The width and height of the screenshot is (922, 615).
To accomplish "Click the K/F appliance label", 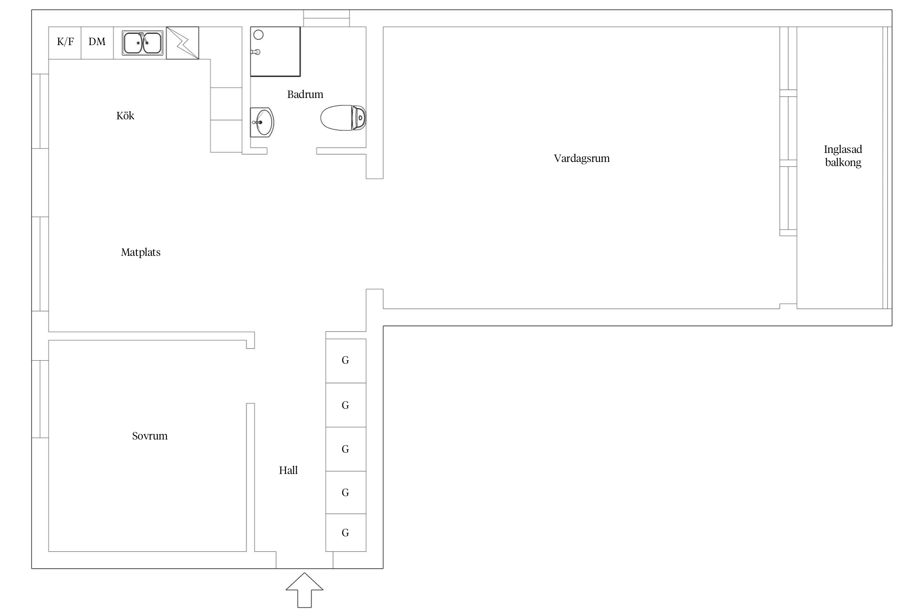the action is click(66, 41).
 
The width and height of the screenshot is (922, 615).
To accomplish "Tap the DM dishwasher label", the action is click(97, 41).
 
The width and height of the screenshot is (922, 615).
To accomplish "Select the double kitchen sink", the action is click(143, 43).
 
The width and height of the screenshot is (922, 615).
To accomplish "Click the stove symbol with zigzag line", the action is click(183, 43).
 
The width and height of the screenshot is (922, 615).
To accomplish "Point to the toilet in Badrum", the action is click(343, 118).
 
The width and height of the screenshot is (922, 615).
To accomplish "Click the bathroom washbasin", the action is click(262, 122).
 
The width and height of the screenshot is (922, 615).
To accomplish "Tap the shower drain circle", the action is click(259, 35).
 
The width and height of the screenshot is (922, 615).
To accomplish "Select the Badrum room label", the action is click(305, 94).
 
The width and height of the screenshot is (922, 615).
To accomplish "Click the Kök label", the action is click(125, 116).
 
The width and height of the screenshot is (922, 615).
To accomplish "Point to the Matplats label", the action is click(141, 252).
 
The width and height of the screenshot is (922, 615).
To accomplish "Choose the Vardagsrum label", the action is click(582, 158).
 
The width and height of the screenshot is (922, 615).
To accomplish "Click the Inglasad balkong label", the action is click(843, 156).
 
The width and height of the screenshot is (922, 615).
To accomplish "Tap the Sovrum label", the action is click(150, 436).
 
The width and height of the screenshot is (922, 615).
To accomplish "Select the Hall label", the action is click(288, 470).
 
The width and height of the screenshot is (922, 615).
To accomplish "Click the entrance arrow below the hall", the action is click(304, 590).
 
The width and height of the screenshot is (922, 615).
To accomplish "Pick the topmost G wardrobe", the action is click(346, 361).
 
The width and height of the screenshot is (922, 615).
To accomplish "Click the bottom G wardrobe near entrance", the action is click(346, 533).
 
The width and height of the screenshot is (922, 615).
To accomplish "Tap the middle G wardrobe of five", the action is click(346, 449).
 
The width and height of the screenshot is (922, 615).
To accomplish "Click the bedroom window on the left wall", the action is click(40, 399).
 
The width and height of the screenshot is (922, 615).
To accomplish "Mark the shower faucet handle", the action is click(256, 52).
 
